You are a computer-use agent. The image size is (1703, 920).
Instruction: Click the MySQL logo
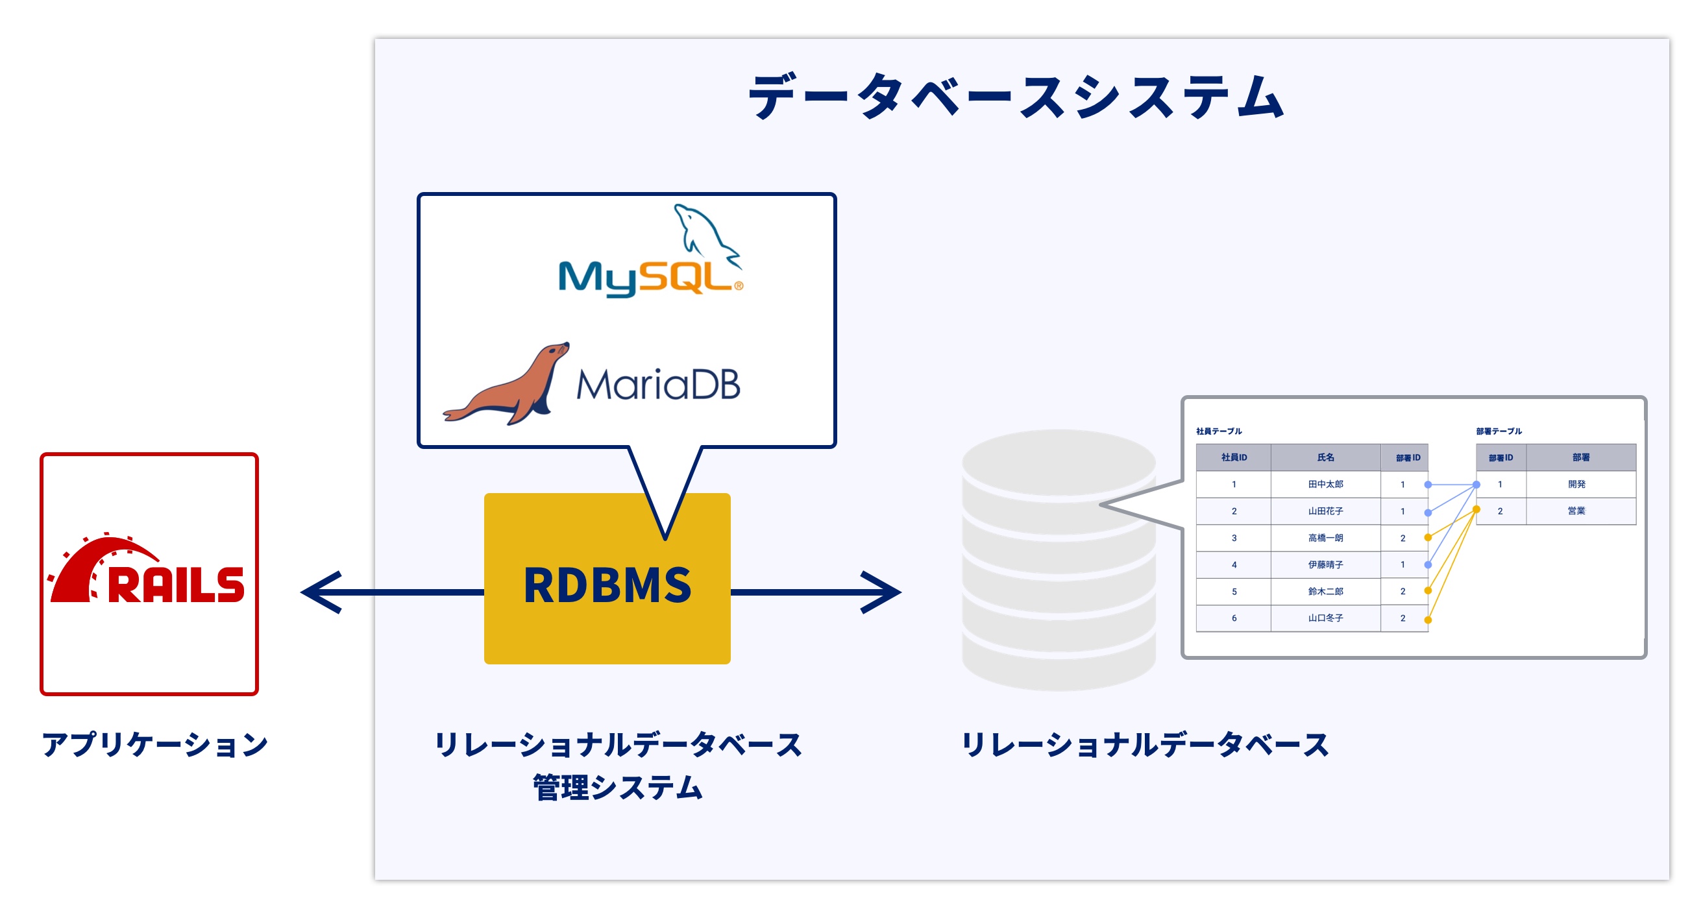650,254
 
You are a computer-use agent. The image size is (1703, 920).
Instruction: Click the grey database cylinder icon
1058,562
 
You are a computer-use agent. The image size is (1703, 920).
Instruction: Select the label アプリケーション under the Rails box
154,744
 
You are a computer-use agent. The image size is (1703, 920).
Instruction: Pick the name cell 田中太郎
1325,485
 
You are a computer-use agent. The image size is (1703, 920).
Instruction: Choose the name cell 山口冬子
1325,618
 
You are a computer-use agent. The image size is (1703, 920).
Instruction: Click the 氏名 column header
1325,457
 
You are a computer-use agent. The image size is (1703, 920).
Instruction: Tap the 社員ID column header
1234,457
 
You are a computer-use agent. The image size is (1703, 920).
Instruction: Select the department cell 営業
1576,511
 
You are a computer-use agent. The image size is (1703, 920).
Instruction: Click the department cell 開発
1576,485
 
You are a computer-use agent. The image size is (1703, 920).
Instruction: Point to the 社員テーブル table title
1218,431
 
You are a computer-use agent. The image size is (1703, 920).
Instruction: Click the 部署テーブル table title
1499,431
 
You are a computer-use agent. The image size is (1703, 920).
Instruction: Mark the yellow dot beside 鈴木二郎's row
1428,591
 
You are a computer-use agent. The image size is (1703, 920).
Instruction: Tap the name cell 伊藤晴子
1325,564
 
